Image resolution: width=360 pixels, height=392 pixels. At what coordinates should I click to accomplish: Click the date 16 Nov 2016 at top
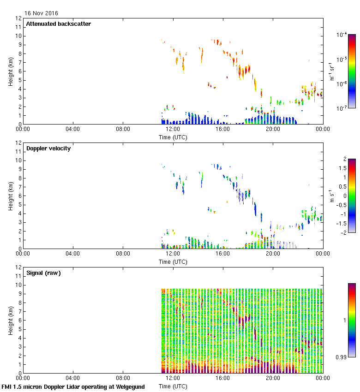(x=41, y=13)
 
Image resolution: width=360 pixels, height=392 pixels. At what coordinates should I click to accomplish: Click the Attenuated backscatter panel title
(x=58, y=24)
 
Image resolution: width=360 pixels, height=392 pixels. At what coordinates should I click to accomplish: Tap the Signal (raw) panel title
(x=43, y=273)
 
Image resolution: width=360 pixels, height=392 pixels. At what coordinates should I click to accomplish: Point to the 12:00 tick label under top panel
(x=173, y=130)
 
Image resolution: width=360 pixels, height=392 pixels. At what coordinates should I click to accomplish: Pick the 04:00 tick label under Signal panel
(x=73, y=379)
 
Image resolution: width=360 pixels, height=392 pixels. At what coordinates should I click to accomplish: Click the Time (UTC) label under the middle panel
(x=173, y=261)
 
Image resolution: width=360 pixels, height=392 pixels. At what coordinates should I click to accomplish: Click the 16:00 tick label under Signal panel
(x=222, y=379)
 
